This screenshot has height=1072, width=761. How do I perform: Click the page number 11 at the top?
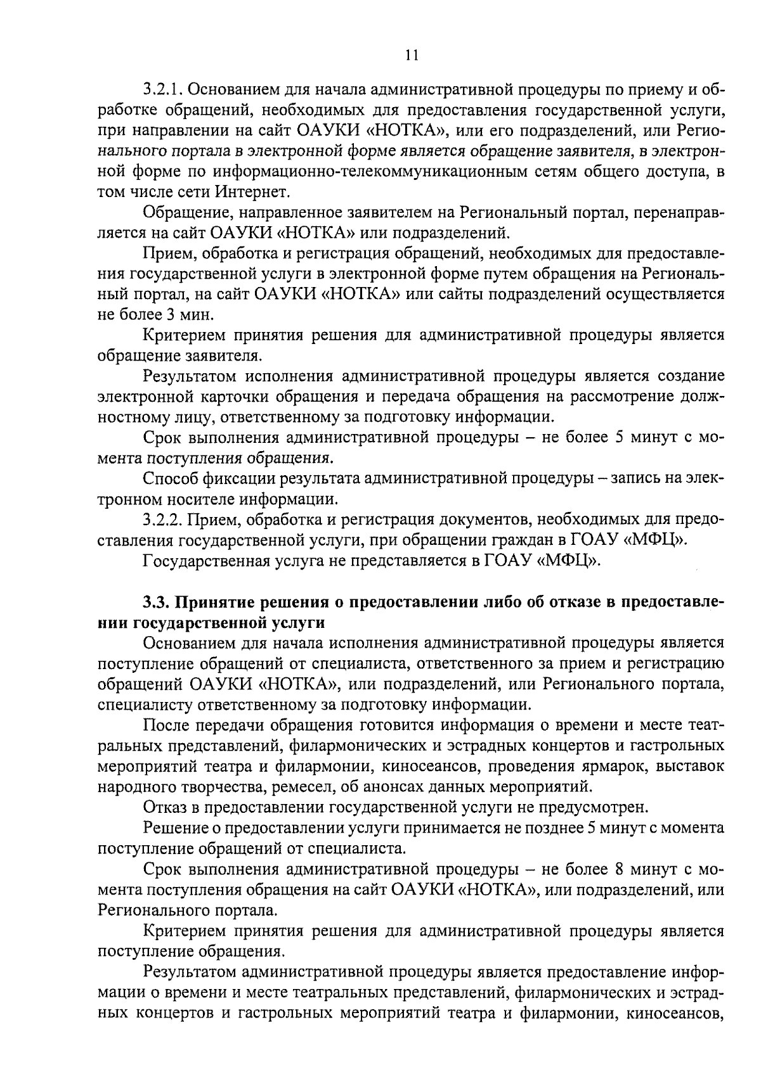pos(412,55)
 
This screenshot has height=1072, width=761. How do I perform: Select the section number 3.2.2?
pos(163,520)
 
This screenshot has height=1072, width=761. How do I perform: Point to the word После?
pos(164,725)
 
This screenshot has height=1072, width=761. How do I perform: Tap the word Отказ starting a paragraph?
pos(163,808)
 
